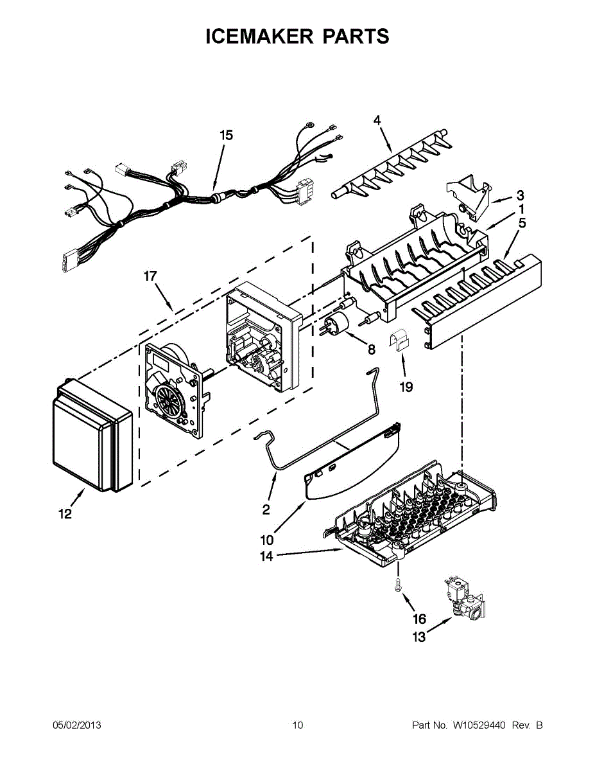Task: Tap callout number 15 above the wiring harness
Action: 226,135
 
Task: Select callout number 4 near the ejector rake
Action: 377,120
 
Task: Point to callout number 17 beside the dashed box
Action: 150,276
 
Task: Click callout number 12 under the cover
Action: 65,514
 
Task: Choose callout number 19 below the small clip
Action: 406,387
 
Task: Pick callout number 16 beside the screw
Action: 419,619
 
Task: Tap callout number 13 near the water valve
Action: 418,637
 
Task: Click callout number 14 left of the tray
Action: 266,556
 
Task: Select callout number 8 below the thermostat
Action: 371,350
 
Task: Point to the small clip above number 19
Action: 399,340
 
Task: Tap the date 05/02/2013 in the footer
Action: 76,725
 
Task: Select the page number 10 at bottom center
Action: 297,725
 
